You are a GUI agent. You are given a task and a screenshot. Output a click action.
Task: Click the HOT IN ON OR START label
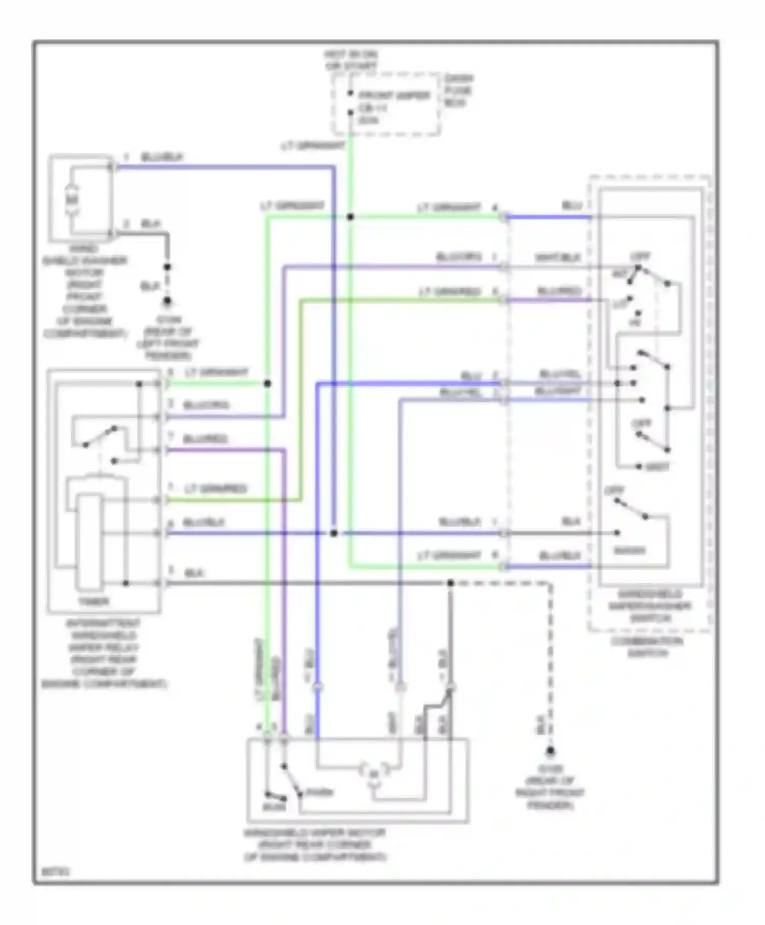coord(351,61)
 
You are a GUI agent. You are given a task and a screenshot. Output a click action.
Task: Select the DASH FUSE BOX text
coord(458,90)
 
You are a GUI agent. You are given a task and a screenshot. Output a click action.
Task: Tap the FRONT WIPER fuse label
coord(394,96)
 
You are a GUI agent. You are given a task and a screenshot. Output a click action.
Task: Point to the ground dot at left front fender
coord(167,301)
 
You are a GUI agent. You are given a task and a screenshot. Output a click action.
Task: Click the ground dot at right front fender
coord(550,751)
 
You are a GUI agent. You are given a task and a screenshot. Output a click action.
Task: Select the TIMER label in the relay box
coord(93,602)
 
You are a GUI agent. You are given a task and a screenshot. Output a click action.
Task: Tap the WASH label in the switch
coord(629,551)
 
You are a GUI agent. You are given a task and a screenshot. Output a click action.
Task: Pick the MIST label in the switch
coord(657,467)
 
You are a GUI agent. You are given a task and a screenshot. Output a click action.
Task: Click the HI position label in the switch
coord(634,323)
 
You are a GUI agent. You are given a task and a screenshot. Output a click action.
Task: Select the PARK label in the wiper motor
coord(320,793)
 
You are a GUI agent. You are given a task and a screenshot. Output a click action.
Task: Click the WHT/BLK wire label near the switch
coord(557,258)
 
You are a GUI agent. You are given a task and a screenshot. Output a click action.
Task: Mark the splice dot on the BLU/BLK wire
coord(334,533)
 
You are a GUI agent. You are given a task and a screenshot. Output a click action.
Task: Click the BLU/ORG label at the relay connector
coord(206,406)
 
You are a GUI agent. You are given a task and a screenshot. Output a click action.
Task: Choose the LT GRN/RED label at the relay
coord(215,489)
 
